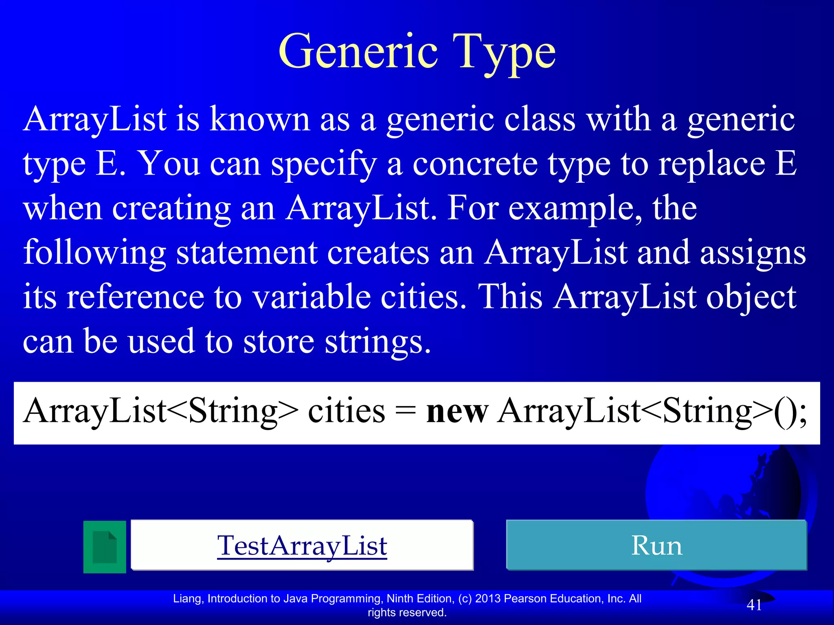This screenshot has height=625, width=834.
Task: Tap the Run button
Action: tap(656, 545)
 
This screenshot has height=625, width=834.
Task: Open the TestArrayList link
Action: tap(302, 545)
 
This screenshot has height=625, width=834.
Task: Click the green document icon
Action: tap(105, 547)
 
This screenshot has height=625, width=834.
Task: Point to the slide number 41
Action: tap(754, 605)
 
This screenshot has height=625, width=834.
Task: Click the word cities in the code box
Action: tap(346, 411)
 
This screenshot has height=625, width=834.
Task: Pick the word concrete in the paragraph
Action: tap(475, 164)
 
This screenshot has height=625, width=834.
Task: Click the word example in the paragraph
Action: tap(575, 208)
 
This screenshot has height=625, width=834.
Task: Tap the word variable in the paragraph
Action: tap(312, 297)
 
